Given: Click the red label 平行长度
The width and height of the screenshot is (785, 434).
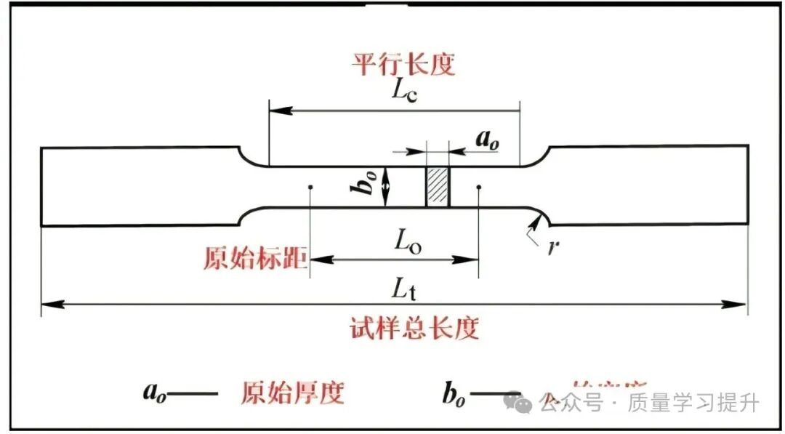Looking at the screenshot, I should pyautogui.click(x=403, y=64).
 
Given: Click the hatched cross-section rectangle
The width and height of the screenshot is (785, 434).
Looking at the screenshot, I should pyautogui.click(x=438, y=186).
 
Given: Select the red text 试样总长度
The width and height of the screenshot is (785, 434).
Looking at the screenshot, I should pyautogui.click(x=414, y=329).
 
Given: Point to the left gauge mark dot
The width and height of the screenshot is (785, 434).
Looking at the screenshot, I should pyautogui.click(x=310, y=187).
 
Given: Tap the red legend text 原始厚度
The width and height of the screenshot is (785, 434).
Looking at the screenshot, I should pyautogui.click(x=291, y=393).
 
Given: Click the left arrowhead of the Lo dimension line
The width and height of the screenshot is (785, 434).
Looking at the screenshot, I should pyautogui.click(x=318, y=259).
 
